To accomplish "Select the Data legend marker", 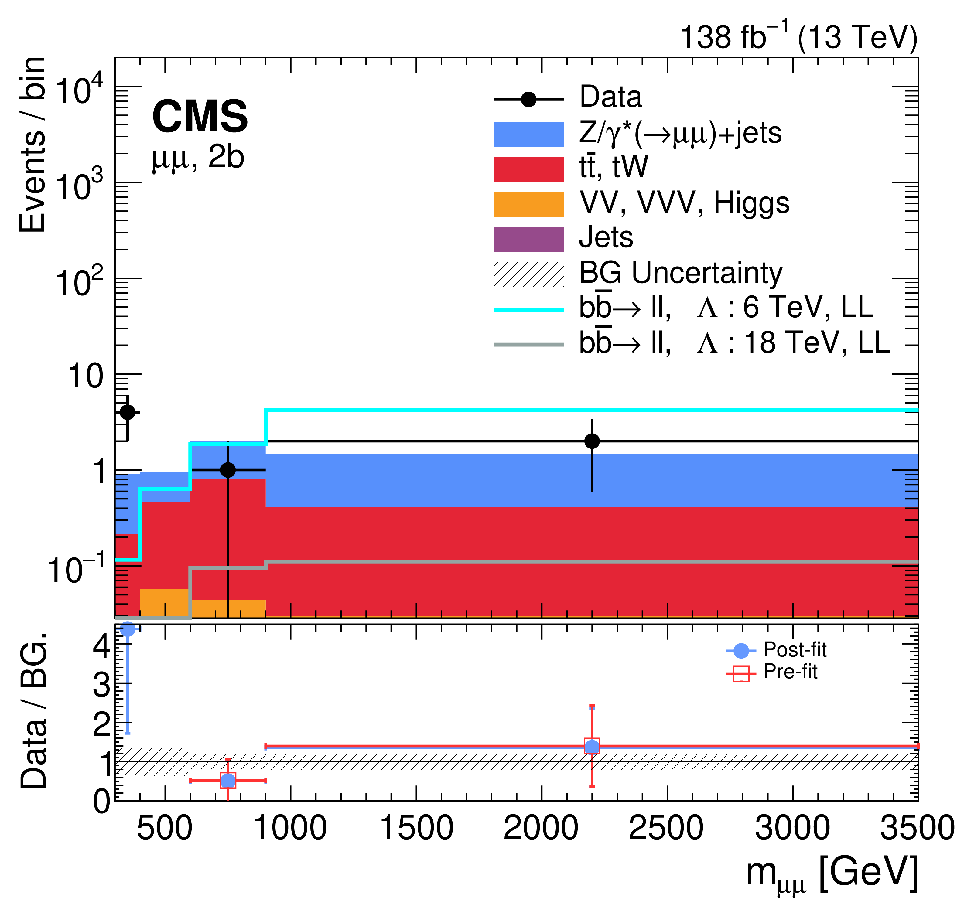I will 528,100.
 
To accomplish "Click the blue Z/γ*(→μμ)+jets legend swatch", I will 528,134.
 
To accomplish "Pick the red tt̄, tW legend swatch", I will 528,169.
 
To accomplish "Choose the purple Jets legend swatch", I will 528,239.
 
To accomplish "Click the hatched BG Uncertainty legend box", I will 528,274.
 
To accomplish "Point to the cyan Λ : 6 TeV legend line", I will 528,309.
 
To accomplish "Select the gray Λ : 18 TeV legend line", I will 528,345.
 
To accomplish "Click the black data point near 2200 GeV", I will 592,441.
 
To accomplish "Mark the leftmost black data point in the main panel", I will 128,412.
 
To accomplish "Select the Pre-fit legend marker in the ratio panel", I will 741,674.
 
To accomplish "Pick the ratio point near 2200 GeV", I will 592,746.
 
